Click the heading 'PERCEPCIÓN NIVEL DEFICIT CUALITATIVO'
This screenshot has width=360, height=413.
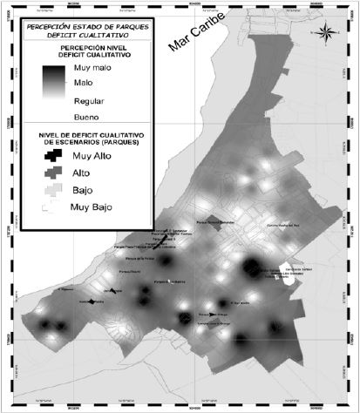(x=85, y=51)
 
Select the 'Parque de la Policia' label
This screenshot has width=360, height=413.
(x=140, y=259)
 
